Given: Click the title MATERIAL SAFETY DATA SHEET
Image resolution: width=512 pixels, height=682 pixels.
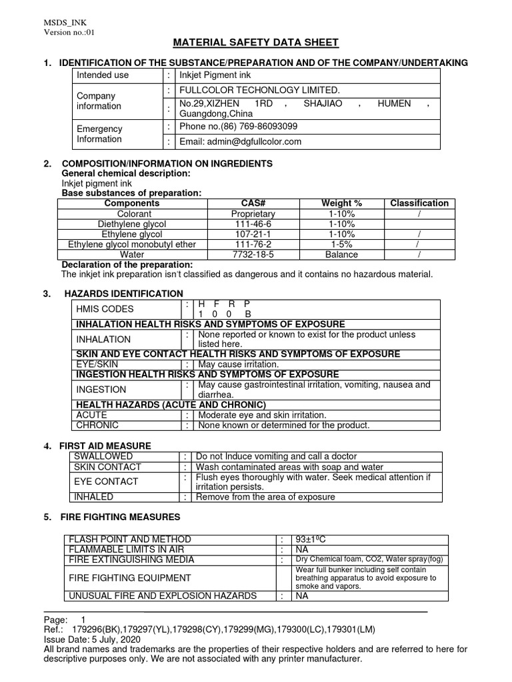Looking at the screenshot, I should coord(256,43).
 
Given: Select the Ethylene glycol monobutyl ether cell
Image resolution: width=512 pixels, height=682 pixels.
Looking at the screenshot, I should coord(132,244).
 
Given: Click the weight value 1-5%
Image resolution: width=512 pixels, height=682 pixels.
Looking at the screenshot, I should coord(342,244).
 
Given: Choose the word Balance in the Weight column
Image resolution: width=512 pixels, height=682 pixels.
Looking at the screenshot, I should coord(342,254).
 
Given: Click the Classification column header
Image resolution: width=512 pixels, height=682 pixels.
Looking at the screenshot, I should coord(419,203).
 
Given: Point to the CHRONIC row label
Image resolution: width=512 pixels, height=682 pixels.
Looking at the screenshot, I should coord(98,425).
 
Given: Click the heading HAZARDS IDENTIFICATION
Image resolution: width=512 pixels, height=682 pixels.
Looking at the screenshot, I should coord(123,293).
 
